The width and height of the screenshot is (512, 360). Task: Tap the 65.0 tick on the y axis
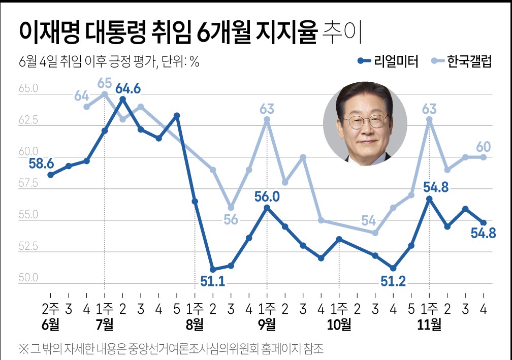pyautogui.click(x=29, y=89)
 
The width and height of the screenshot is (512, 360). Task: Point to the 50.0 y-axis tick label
pyautogui.click(x=29, y=278)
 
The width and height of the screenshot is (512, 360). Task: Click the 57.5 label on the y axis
pyautogui.click(x=29, y=184)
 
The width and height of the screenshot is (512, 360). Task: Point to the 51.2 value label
pyautogui.click(x=393, y=281)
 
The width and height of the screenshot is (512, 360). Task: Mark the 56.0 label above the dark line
pyautogui.click(x=267, y=196)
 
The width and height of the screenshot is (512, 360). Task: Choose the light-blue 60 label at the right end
pyautogui.click(x=484, y=147)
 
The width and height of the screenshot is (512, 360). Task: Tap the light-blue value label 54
pyautogui.click(x=369, y=220)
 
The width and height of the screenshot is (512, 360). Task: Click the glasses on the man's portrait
pyautogui.click(x=365, y=121)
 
